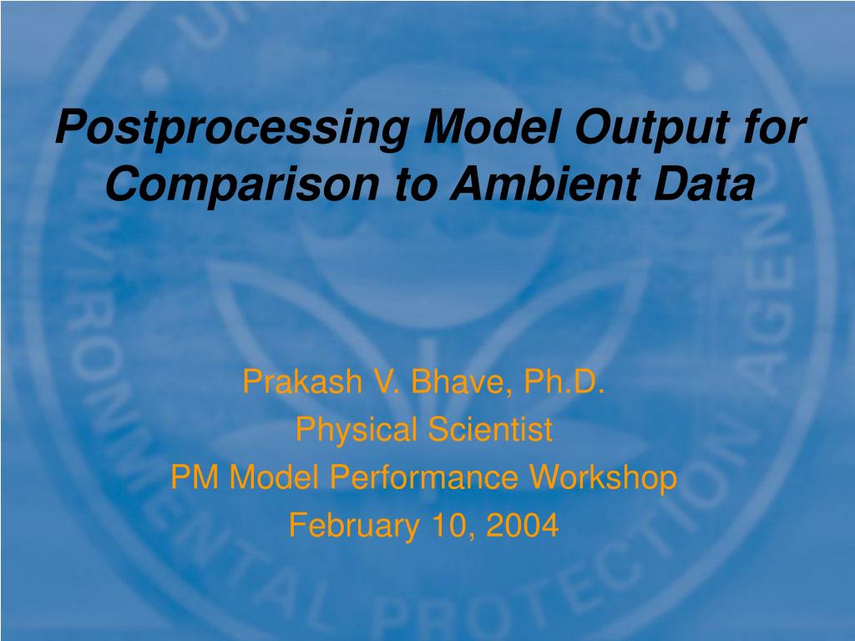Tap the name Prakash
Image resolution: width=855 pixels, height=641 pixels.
click(302, 381)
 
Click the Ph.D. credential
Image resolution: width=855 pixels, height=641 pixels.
click(564, 381)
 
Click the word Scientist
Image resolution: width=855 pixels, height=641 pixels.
click(490, 429)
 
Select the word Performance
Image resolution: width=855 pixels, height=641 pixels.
click(423, 477)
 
